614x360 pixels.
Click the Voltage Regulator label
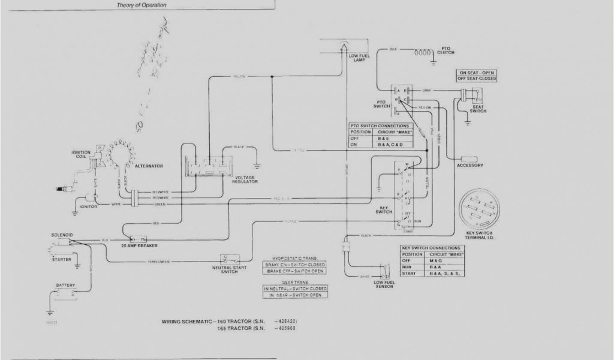pyautogui.click(x=246, y=179)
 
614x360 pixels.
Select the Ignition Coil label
pyautogui.click(x=81, y=155)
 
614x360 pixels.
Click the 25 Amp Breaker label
pyautogui.click(x=136, y=246)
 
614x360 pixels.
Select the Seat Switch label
pyautogui.click(x=477, y=109)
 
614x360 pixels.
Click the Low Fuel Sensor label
pyautogui.click(x=383, y=284)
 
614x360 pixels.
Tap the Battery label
pyautogui.click(x=65, y=285)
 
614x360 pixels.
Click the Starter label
pyautogui.click(x=60, y=259)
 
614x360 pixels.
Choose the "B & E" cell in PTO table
pyautogui.click(x=384, y=138)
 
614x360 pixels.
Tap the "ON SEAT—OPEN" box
pyautogui.click(x=478, y=72)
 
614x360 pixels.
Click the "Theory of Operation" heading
pyautogui.click(x=142, y=5)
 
